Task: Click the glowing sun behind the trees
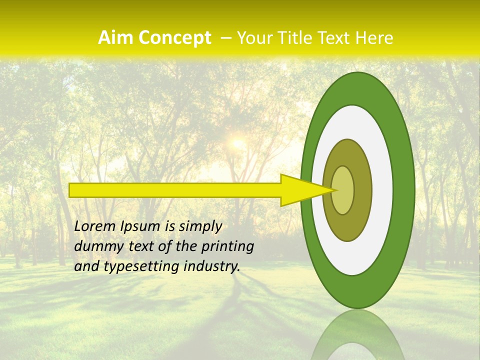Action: tap(237, 144)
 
